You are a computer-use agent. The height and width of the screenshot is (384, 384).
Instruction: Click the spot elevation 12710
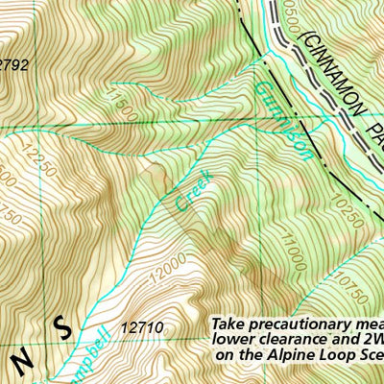(x=143, y=328)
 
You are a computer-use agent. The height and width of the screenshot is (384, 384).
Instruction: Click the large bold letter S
(x=63, y=329)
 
